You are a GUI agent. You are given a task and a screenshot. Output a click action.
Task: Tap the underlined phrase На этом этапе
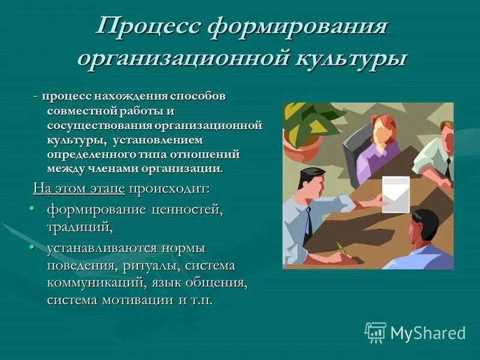(x=79, y=188)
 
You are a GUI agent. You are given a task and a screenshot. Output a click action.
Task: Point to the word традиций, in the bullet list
(x=80, y=227)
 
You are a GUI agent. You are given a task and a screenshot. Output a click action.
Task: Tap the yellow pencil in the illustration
(x=341, y=248)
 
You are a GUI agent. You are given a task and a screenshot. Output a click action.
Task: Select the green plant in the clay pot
(x=306, y=123)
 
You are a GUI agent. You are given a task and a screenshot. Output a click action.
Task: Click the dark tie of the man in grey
(x=308, y=222)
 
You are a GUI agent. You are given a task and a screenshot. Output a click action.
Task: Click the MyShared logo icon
(x=376, y=332)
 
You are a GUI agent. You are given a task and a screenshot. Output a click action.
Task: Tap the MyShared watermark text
(x=427, y=333)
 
